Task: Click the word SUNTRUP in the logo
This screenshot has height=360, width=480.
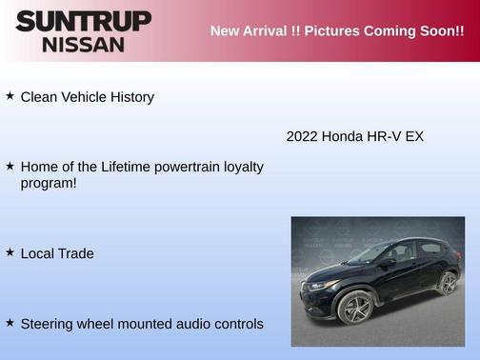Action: [83, 21]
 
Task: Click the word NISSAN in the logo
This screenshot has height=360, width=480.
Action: [83, 44]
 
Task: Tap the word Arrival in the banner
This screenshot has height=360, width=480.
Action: [273, 30]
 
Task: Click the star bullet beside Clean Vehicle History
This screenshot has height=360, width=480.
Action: [10, 96]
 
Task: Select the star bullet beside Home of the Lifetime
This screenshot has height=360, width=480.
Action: [10, 166]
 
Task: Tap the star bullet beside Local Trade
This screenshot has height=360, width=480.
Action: [10, 252]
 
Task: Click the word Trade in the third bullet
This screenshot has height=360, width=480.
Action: [75, 253]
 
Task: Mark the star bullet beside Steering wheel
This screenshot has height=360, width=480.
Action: [10, 323]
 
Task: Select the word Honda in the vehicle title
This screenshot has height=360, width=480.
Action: [342, 136]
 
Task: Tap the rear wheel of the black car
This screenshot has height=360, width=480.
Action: [448, 283]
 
